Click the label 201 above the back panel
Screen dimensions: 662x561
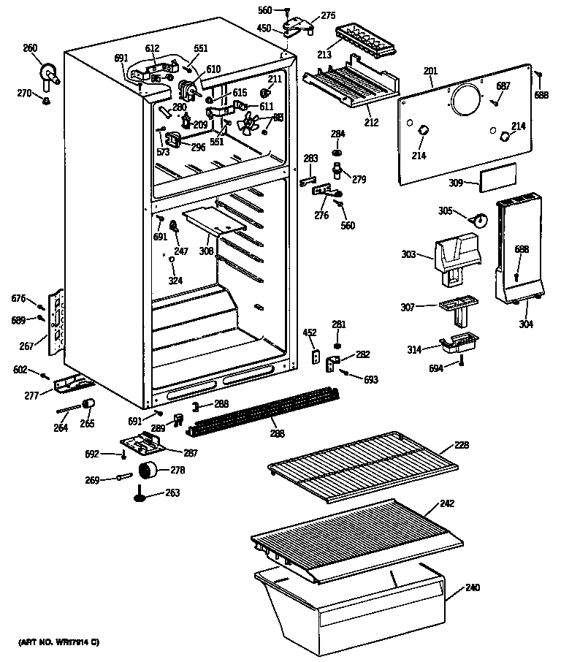tap(430, 71)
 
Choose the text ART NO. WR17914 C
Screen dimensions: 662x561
tap(58, 642)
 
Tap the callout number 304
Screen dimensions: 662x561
tap(525, 324)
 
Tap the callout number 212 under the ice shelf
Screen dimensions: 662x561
tap(371, 122)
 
